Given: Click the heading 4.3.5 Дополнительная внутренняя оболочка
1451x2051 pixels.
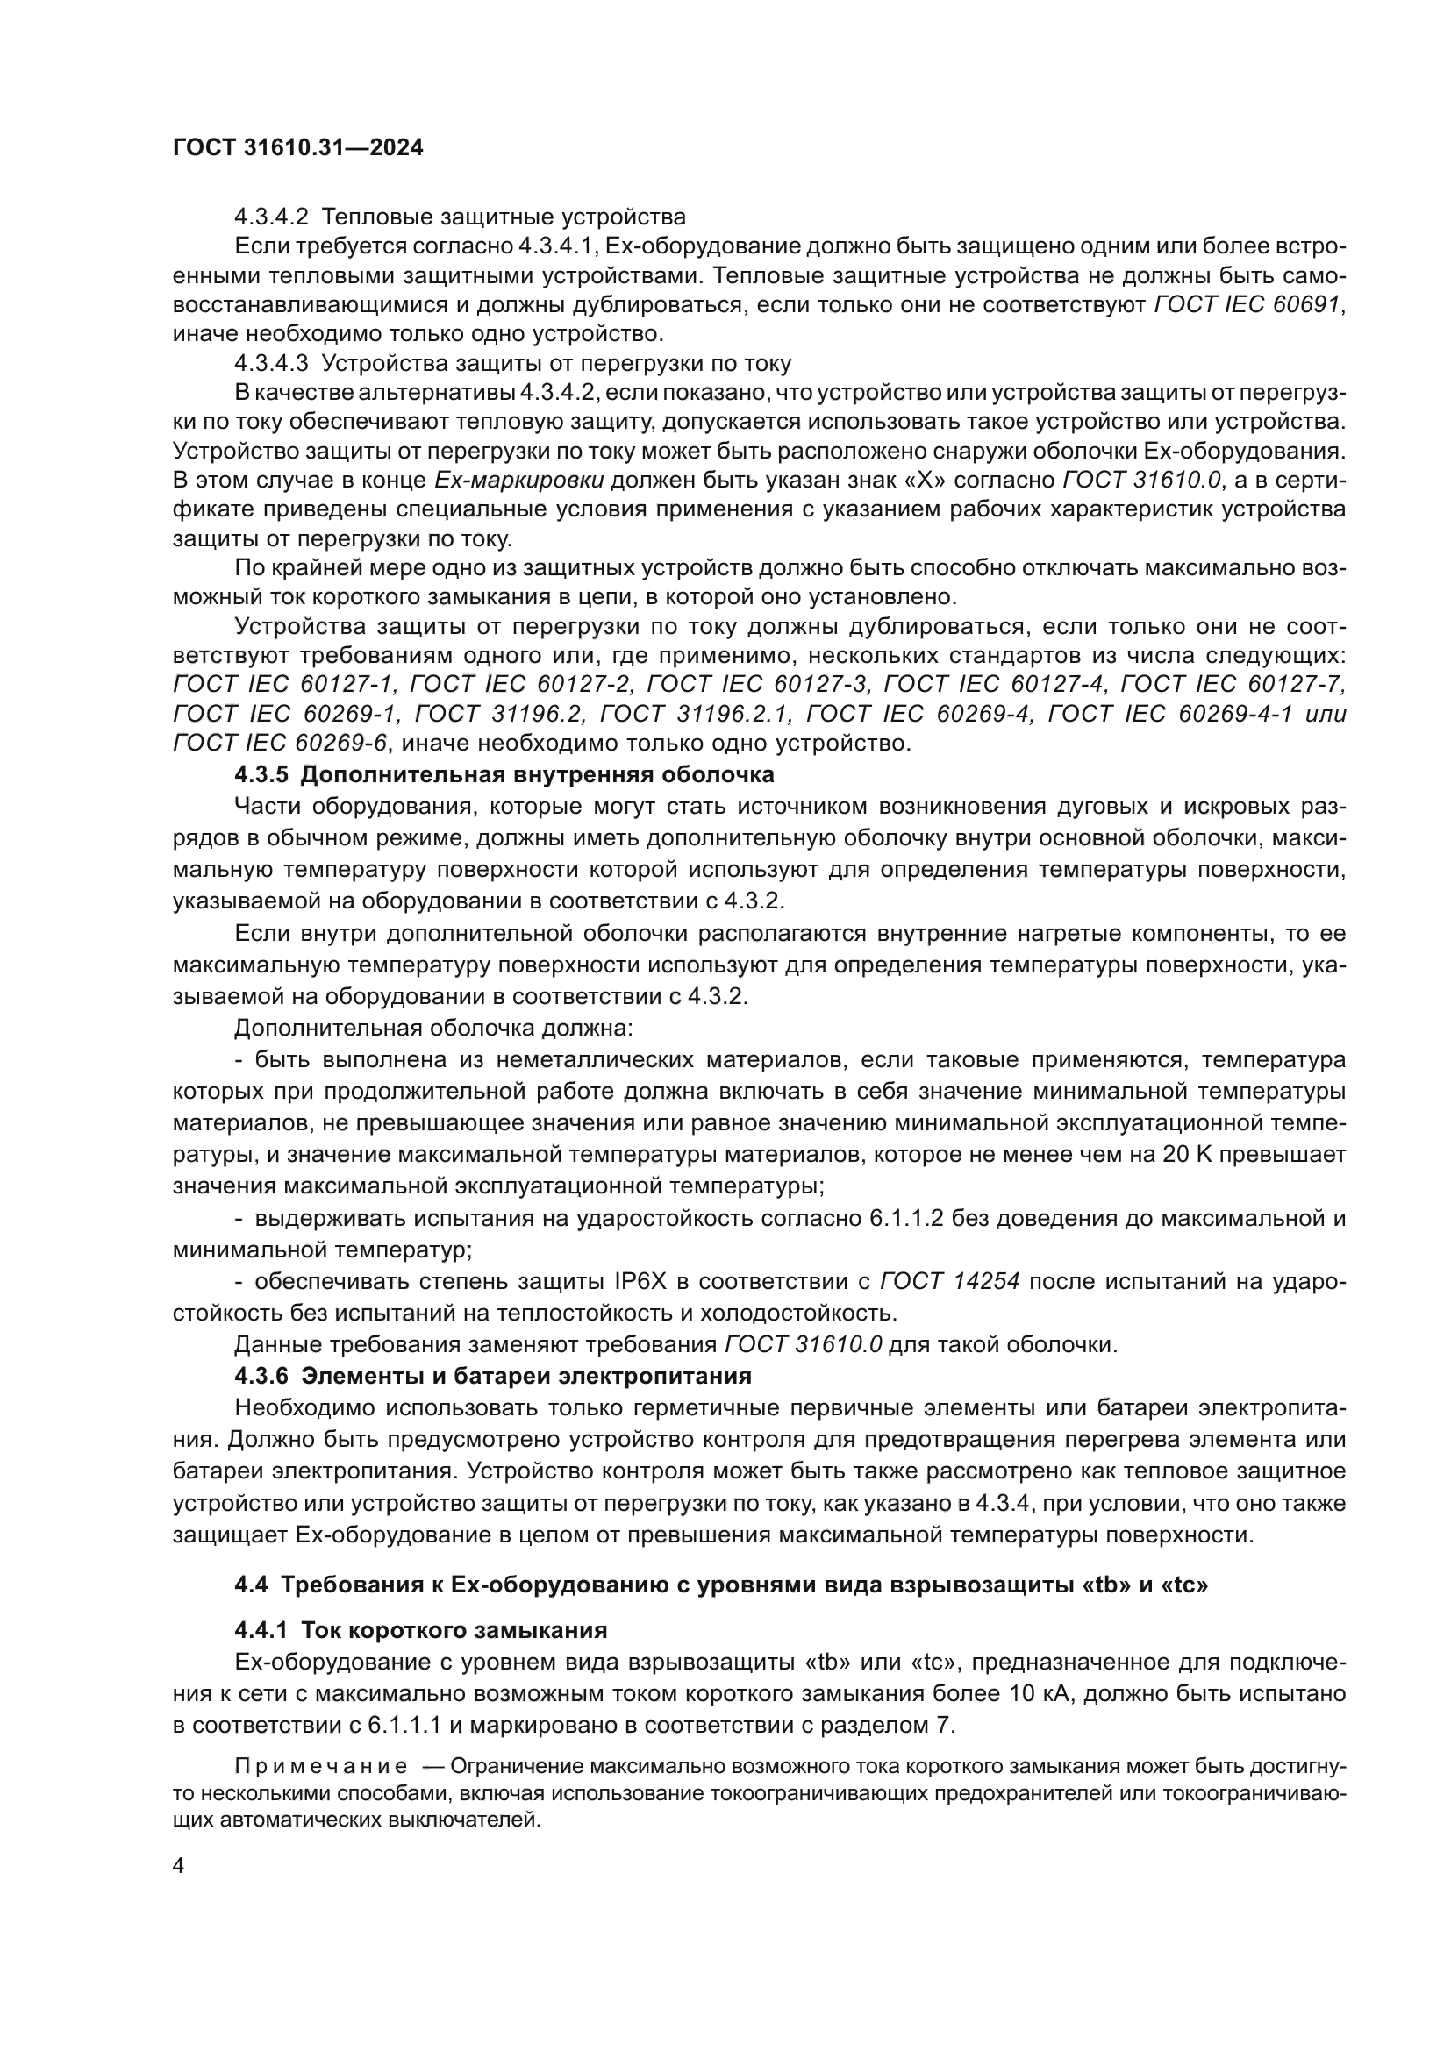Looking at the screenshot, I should click(504, 773).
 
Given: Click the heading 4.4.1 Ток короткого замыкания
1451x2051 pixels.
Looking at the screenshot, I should click(421, 1630).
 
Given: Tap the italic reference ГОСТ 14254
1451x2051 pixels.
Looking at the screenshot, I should click(950, 1282).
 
